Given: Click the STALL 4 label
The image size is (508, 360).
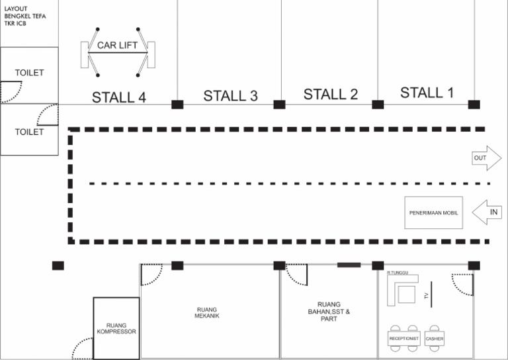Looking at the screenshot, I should tap(118, 97).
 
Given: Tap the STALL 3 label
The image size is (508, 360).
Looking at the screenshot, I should tap(230, 96).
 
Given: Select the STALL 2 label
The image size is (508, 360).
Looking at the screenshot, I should tap(331, 95).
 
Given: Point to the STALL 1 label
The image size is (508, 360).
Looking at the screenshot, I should tap(427, 93).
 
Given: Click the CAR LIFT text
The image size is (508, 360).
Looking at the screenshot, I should tap(117, 46).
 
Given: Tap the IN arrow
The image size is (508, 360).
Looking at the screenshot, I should tap(487, 212).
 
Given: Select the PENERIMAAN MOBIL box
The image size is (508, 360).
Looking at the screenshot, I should tap(433, 212).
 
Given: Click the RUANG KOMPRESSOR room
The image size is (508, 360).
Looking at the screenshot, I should tap(116, 328).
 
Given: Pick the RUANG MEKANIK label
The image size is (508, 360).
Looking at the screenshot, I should tap(207, 312).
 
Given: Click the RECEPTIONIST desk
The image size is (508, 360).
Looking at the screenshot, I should tap(403, 339).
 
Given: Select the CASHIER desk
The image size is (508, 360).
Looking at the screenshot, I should tap(435, 339).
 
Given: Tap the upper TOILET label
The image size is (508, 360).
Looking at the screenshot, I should tap(29, 73).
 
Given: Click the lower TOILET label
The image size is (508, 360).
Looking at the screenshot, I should tap(29, 132).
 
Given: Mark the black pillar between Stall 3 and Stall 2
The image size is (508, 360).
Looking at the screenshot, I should tap(279, 105).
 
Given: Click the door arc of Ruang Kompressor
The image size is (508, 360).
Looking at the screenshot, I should tap(82, 347).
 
